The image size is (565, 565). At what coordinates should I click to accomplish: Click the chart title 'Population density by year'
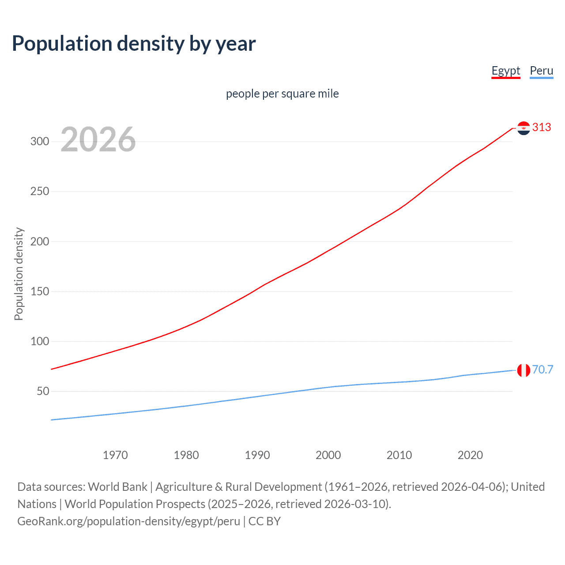pos(134,44)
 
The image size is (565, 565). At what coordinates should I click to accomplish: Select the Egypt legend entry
pos(506,71)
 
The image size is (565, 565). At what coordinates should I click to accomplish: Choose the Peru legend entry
pos(541,71)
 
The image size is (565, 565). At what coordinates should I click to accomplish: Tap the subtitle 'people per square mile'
pos(282,94)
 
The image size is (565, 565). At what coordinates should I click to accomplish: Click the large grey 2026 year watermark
pos(98,139)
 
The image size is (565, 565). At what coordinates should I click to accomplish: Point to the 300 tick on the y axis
pos(40,142)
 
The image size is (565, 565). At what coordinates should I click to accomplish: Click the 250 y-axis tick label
pos(40,192)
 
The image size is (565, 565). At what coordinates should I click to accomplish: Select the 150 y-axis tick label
pos(40,291)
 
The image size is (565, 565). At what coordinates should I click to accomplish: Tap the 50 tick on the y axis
pos(43,392)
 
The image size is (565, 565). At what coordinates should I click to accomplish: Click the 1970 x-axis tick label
pos(115,455)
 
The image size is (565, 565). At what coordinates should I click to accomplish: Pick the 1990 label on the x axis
pos(257,455)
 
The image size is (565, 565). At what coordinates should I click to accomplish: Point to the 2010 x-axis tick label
pos(399,455)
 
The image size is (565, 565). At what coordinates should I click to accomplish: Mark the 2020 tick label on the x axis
pos(470,455)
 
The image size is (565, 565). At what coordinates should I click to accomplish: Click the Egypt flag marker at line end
pos(524,128)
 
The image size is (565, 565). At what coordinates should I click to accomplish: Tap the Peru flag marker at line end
pos(524,370)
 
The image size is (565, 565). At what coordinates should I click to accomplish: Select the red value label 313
pos(542,128)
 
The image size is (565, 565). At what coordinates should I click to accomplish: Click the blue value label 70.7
pos(542,369)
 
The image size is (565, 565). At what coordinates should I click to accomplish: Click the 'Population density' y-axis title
pos(19,274)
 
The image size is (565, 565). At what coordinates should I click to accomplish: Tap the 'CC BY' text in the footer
pos(264,521)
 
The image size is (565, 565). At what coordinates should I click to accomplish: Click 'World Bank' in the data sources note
pos(117,487)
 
